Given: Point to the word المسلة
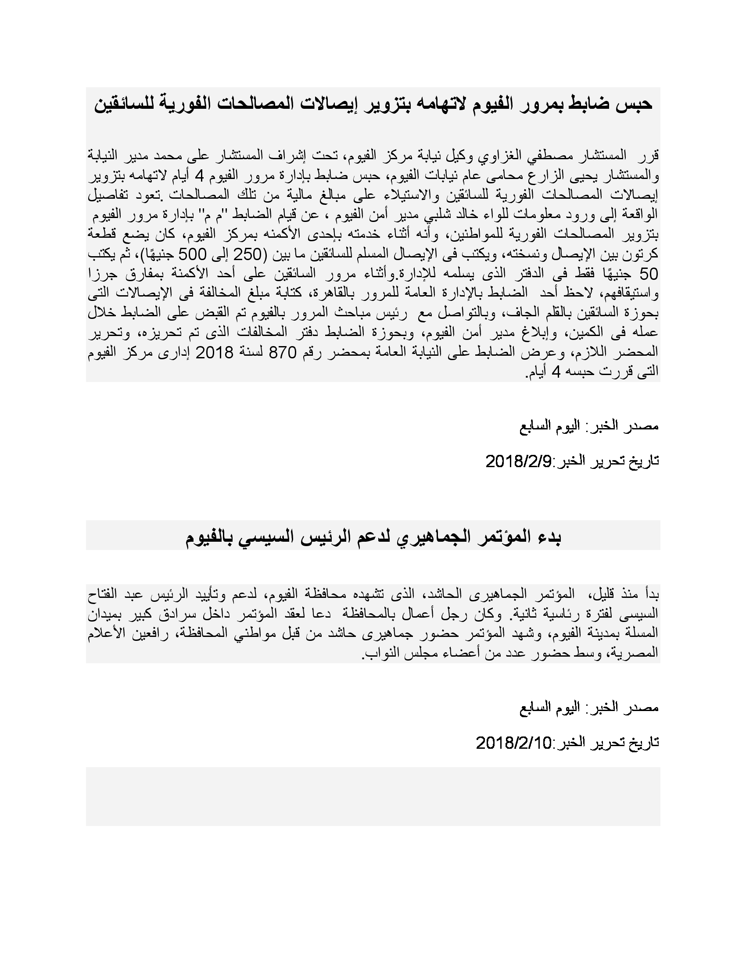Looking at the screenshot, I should (639, 633).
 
